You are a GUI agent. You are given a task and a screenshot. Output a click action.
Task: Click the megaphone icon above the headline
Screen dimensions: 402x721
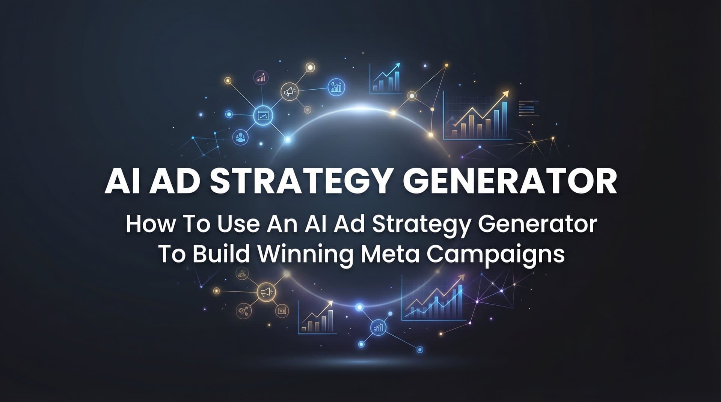290,91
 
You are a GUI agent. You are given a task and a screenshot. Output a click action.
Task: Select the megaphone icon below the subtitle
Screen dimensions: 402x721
266,292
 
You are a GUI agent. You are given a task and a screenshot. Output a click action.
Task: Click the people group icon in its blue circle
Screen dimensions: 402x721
240,137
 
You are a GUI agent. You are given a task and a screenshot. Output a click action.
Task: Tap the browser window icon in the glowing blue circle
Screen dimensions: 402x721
263,115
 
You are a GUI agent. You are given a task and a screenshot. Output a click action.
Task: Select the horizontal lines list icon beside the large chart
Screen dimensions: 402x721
528,108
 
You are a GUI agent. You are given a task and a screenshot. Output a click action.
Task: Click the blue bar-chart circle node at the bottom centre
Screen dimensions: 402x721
378,328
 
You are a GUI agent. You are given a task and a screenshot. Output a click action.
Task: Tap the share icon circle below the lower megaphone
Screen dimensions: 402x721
243,310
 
